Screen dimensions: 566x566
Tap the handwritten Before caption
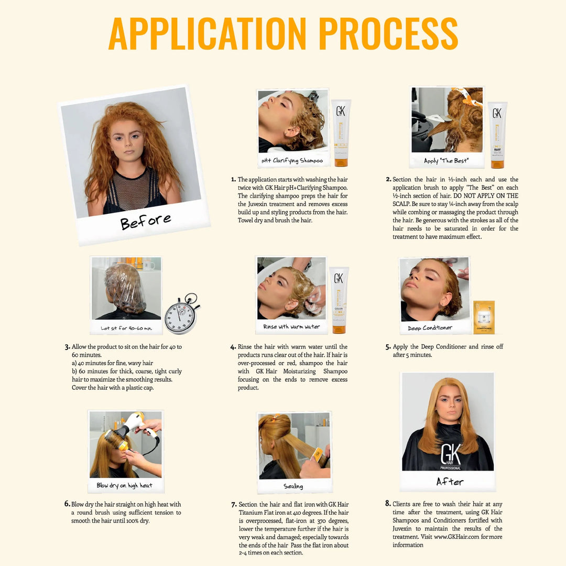145,221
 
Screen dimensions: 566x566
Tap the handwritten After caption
450,481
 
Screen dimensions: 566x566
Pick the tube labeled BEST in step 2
497,135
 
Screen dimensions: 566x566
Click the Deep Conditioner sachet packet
484,317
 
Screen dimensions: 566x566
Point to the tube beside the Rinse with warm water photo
339,300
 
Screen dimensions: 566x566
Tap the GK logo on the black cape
450,455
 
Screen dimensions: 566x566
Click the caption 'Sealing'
293,486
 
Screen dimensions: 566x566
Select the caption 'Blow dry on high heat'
125,485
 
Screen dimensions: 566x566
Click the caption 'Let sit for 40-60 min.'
126,328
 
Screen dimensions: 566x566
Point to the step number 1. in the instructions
233,179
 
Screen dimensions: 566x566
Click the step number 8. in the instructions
388,504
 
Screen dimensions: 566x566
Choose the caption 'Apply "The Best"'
446,160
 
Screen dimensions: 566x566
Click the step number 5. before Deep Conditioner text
388,347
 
